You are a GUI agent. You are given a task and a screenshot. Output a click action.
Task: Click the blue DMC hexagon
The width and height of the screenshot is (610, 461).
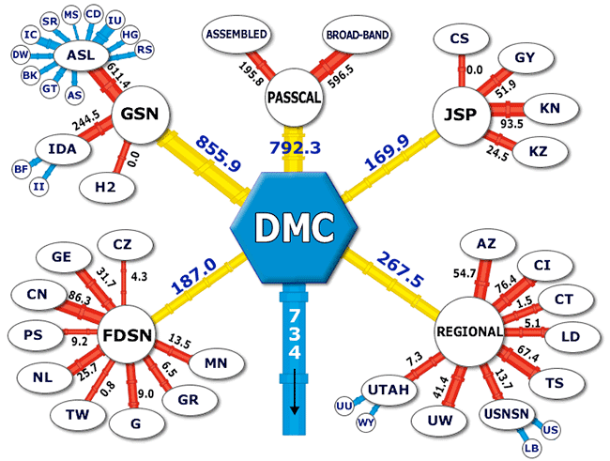coord(294,228)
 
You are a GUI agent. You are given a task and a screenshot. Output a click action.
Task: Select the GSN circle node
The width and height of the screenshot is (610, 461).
coord(141,115)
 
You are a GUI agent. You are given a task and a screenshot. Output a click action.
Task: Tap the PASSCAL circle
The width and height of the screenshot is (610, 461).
coord(294,98)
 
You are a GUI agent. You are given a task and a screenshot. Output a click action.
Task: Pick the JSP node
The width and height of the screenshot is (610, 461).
coord(461,115)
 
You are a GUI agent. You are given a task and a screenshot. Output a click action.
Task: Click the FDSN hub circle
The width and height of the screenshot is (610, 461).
coord(127,335)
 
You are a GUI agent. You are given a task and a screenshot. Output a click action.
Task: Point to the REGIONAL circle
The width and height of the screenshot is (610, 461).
coord(468,331)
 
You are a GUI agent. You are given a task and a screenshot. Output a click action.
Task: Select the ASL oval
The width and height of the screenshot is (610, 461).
coord(81,55)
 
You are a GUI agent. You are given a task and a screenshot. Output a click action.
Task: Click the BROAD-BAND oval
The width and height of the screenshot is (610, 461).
coord(358,35)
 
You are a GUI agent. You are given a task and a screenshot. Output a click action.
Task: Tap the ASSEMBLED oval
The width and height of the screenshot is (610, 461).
coord(236,34)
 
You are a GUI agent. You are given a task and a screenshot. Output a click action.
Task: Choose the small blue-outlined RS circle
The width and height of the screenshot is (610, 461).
coord(145,50)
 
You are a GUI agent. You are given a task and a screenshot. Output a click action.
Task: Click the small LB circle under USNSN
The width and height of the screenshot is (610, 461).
coord(532,448)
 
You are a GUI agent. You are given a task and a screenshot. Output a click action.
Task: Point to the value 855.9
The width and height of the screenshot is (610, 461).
coord(218,153)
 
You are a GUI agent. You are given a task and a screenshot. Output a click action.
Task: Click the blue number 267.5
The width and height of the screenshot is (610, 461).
coord(401,269)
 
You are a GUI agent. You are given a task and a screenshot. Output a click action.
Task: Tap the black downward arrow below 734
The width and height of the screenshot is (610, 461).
coord(294,392)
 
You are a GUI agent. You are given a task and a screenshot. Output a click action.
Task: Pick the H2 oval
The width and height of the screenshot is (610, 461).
coord(107,187)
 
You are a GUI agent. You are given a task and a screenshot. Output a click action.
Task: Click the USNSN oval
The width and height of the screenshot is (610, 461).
coord(507,414)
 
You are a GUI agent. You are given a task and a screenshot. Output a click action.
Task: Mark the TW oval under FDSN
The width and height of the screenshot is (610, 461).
coord(78,414)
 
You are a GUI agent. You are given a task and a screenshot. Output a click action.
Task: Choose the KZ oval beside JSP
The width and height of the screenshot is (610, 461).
coord(540,151)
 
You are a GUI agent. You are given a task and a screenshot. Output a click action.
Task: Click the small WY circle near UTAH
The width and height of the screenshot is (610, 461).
coord(366,423)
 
